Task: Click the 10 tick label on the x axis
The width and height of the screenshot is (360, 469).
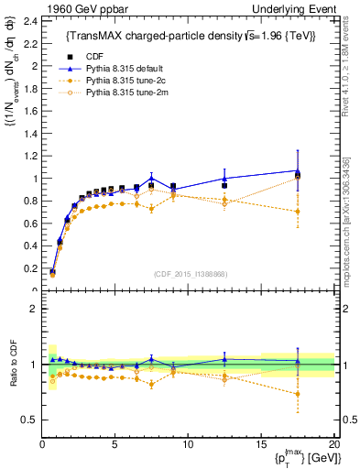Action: click(x=188, y=444)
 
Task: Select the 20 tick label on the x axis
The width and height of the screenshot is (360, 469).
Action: click(x=333, y=444)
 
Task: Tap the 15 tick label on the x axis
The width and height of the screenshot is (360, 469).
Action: click(x=260, y=444)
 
